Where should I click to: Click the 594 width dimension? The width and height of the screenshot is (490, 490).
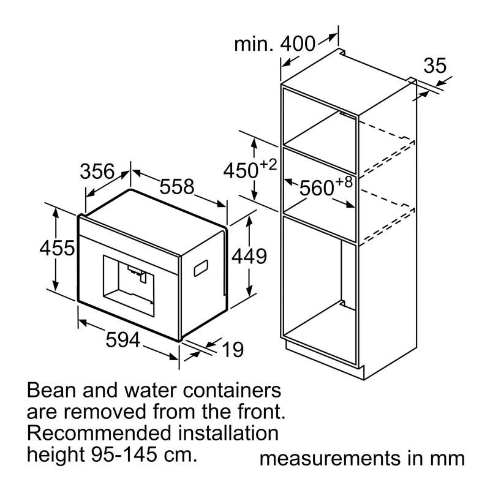[x=123, y=340]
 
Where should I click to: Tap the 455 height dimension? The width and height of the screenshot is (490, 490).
[x=57, y=248]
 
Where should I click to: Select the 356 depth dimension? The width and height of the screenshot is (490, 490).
[x=97, y=171]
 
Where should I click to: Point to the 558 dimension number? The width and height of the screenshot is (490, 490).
[x=177, y=187]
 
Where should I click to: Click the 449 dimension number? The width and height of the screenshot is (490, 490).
[x=249, y=256]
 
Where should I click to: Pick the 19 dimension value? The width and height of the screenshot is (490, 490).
[x=233, y=349]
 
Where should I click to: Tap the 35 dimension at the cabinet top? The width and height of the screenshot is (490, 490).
[x=435, y=66]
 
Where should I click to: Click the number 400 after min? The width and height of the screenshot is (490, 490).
[x=298, y=43]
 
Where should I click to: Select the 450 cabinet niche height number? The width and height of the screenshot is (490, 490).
[x=241, y=171]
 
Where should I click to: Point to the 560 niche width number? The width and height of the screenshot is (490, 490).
[x=317, y=188]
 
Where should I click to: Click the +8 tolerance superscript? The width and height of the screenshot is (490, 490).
[x=344, y=181]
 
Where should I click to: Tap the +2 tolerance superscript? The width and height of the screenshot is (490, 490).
[x=268, y=164]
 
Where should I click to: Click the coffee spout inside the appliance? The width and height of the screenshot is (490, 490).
[x=137, y=273]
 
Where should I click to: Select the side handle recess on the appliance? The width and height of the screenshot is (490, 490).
[x=201, y=268]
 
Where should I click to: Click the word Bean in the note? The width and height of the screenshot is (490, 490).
[x=51, y=390]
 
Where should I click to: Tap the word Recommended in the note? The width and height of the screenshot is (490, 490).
[x=99, y=434]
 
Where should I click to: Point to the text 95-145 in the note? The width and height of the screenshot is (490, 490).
[x=124, y=454]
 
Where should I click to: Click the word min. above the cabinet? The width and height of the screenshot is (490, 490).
[x=254, y=44]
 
